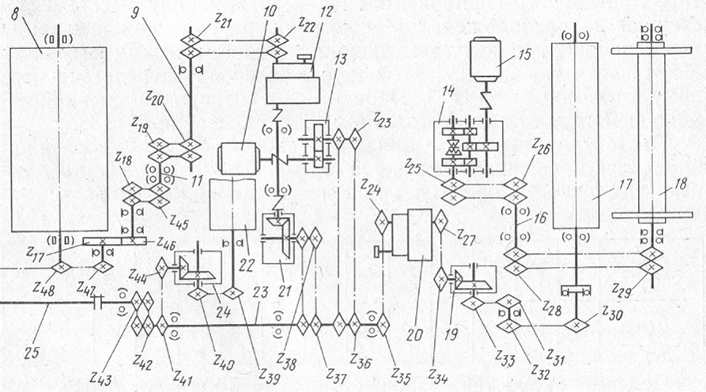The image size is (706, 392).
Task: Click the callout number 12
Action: point(327,14)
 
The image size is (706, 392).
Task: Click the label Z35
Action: point(401,375)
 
